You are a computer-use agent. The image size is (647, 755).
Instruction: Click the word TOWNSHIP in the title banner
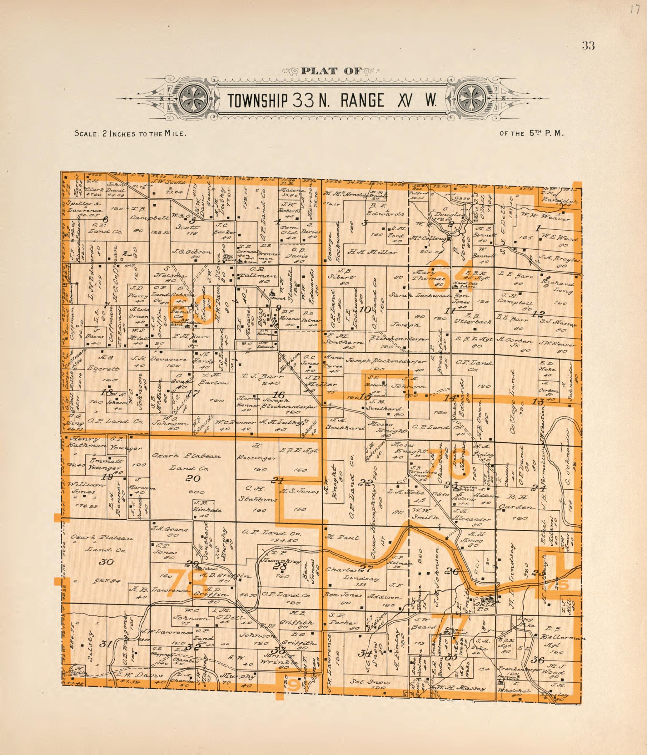pos(258,100)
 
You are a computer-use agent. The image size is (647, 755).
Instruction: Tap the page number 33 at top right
pos(588,46)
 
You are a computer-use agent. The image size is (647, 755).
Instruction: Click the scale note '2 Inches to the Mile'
pos(130,133)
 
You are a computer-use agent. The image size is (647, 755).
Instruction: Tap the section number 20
pos(192,478)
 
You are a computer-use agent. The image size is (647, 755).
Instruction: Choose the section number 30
pos(106,562)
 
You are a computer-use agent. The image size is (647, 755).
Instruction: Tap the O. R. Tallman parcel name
pos(257,276)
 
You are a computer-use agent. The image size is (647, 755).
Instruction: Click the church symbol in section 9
pos(272,293)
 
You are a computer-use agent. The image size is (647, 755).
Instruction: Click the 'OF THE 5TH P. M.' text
pos(532,133)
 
